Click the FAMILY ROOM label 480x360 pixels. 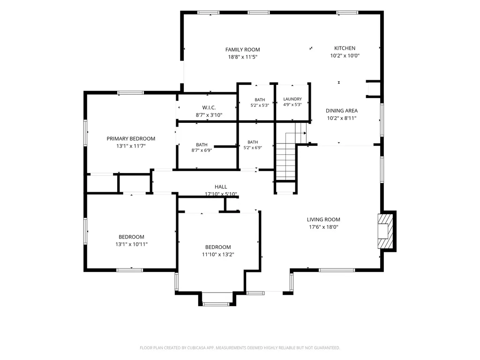(x=242, y=50)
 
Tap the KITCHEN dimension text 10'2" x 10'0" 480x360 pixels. (x=345, y=56)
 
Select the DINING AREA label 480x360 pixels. (x=342, y=111)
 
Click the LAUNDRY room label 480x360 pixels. (x=292, y=99)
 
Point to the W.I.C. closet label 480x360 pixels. (x=209, y=108)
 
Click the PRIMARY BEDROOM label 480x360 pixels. (x=131, y=139)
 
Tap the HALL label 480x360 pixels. (x=221, y=187)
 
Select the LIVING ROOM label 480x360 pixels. (x=323, y=219)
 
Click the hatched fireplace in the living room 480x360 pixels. (x=385, y=231)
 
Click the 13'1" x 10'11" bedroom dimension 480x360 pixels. (x=131, y=244)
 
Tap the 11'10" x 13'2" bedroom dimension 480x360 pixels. (x=218, y=255)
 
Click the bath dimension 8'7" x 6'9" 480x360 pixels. (x=202, y=150)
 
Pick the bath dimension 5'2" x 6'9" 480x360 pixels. (x=253, y=148)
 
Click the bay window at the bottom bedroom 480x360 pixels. (x=216, y=304)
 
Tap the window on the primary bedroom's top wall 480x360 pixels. (x=131, y=93)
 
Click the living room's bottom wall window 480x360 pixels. (x=337, y=270)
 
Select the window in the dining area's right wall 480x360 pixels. (x=382, y=120)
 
